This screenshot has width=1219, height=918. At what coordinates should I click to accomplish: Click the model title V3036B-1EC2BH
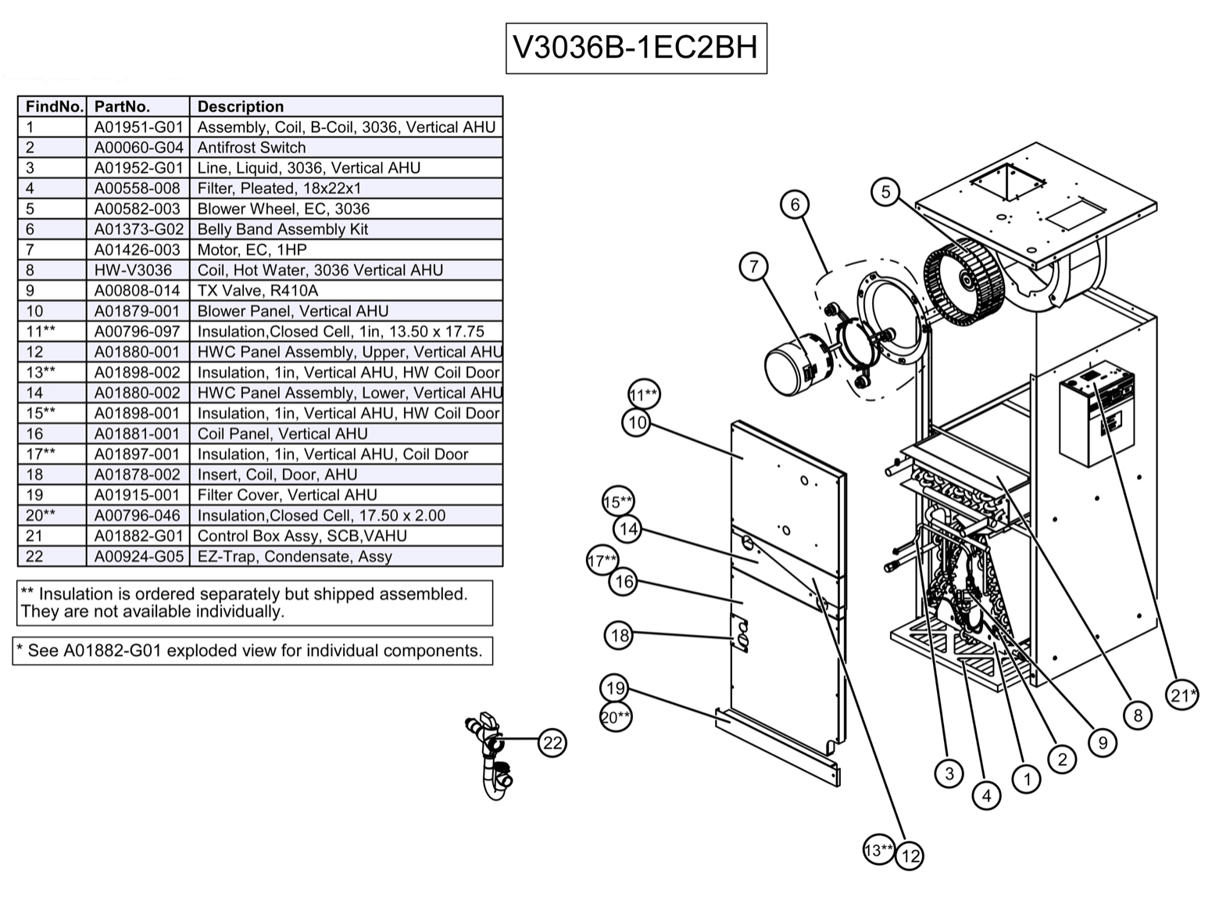click(635, 48)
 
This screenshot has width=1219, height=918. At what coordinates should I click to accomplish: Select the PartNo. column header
click(122, 106)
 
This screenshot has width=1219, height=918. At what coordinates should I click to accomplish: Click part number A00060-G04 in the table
click(138, 147)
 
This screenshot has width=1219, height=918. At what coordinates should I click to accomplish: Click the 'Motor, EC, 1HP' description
click(252, 249)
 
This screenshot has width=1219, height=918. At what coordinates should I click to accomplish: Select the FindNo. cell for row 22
click(34, 556)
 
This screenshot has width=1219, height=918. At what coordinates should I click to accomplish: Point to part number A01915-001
click(138, 495)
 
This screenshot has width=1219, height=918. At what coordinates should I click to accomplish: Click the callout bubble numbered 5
click(885, 192)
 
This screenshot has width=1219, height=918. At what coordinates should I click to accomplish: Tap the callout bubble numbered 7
click(754, 267)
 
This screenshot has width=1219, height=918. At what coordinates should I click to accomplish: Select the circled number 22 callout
click(552, 743)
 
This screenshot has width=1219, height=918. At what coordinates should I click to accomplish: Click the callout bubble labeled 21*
click(1181, 694)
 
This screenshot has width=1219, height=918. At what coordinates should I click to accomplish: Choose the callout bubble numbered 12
click(910, 855)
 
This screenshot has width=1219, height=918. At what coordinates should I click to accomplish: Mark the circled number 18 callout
click(620, 635)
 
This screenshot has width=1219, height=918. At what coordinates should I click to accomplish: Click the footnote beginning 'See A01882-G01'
click(252, 651)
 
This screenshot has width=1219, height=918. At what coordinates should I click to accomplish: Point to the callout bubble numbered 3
click(949, 773)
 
